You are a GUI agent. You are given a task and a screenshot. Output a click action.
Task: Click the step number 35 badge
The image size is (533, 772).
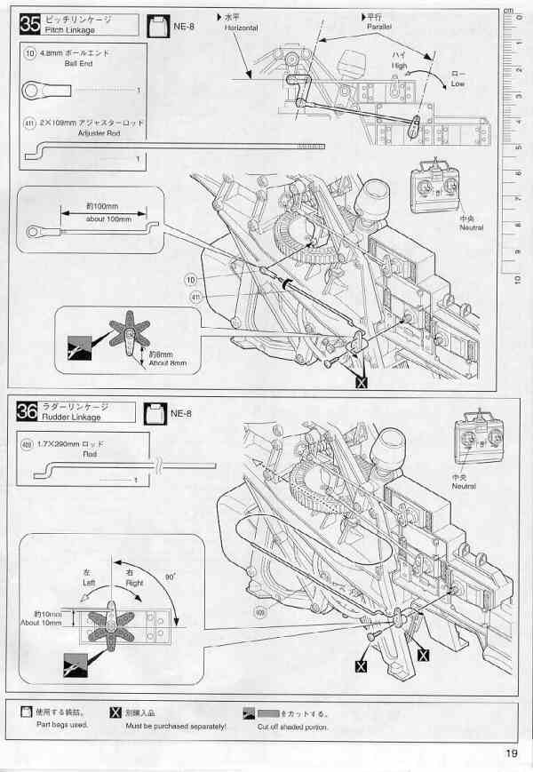tap(28, 24)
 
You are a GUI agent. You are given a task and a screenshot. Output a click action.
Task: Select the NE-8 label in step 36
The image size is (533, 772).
tap(181, 413)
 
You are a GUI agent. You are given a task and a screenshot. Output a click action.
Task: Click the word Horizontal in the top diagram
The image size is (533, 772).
tap(241, 28)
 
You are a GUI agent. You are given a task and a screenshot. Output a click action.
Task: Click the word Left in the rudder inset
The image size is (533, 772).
tap(89, 581)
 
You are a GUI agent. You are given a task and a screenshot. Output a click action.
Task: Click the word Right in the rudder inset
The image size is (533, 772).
tap(133, 581)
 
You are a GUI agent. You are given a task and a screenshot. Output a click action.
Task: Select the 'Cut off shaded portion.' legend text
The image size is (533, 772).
tap(292, 726)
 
